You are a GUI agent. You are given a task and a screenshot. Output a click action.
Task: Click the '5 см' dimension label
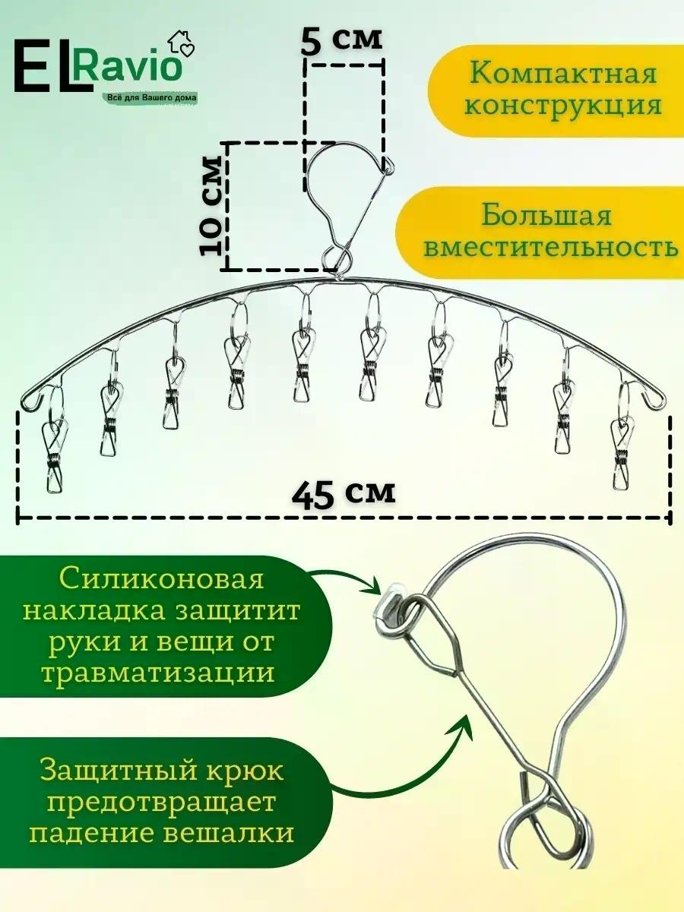click(x=341, y=41)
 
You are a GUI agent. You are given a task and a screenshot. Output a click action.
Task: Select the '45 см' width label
click(x=344, y=495)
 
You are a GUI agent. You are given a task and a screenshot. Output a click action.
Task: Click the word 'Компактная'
click(x=564, y=74)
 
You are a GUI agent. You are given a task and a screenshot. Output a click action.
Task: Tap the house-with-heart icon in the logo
click(x=181, y=43)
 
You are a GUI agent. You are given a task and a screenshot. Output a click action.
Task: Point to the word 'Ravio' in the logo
click(x=128, y=66)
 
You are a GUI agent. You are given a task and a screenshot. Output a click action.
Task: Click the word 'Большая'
click(x=546, y=215)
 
